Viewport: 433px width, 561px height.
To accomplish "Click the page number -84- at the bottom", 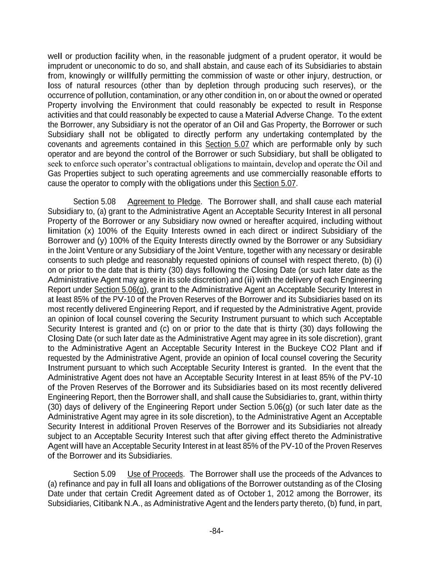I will coord(216,531).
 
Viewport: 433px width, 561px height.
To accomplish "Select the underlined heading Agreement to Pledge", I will coord(164,201).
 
